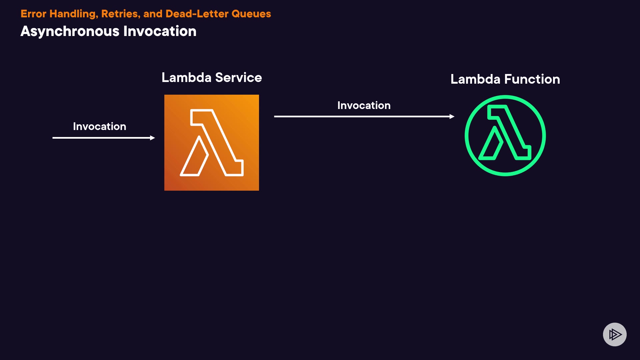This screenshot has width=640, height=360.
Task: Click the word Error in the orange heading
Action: coord(33,14)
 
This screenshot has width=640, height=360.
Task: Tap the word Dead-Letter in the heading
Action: coord(197,14)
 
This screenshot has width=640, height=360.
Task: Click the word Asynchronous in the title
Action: coord(70,31)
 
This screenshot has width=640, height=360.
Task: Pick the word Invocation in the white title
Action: coord(160,31)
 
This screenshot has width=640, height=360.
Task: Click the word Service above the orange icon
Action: coord(238,78)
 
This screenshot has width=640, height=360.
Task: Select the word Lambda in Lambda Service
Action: coord(186,78)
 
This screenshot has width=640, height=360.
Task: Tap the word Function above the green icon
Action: coord(532,79)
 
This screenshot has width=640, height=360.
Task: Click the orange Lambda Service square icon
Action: coord(211,143)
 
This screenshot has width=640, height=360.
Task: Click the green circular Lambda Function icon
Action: coord(505,136)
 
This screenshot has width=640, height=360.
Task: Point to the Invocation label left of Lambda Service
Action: coord(99,126)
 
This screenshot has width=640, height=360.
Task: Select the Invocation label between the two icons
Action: coord(364,105)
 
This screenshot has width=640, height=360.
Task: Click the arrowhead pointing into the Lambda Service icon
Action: coord(153,138)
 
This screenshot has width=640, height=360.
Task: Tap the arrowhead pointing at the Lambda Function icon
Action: coord(452,116)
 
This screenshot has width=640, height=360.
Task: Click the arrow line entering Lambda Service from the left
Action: coord(100,138)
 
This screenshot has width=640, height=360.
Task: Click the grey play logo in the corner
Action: coord(615,334)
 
